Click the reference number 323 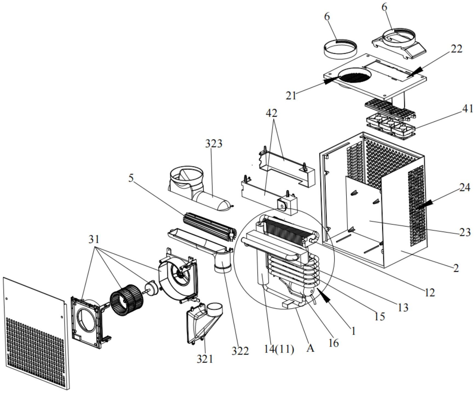coord(214,144)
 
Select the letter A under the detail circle coord(310,348)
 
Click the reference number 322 coord(240,351)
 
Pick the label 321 coord(205,359)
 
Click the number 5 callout coord(131,178)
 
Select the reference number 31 coord(94,240)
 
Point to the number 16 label coord(333,343)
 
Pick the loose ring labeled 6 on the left coord(340,49)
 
